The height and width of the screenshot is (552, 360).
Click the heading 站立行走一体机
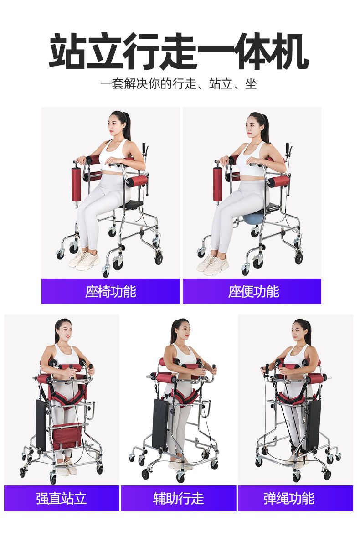[179, 51]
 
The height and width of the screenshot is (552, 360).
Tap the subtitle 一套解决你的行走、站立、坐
[178, 84]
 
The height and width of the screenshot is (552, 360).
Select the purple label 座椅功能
[111, 292]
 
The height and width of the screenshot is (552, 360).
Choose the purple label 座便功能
[253, 292]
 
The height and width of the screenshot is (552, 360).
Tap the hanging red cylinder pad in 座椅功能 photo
[77, 184]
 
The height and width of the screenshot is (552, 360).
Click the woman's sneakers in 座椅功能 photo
[84, 260]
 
